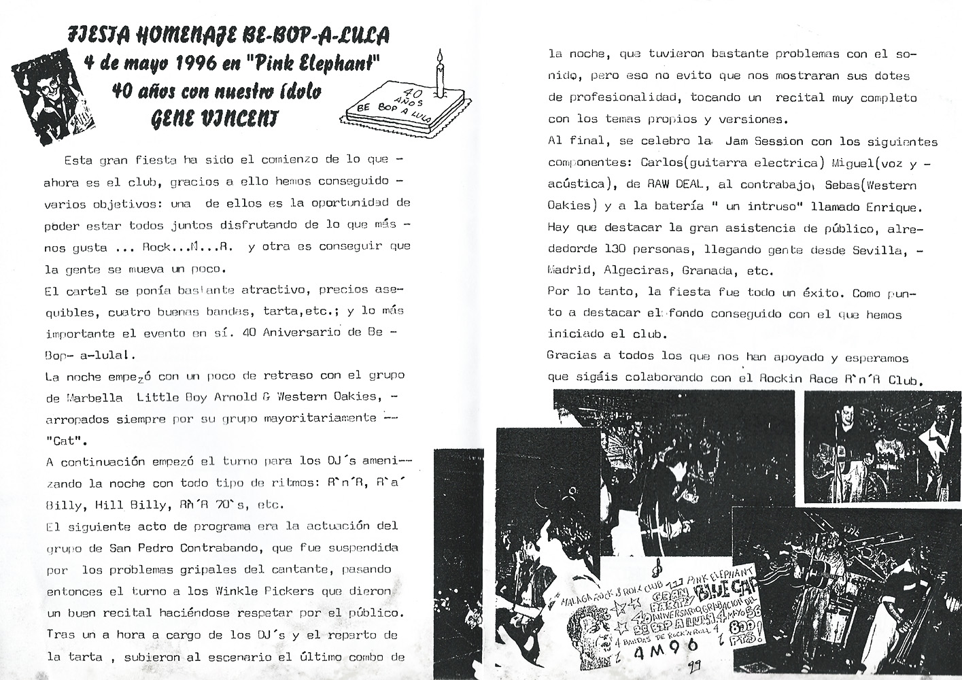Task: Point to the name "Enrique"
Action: pyautogui.click(x=884, y=206)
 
